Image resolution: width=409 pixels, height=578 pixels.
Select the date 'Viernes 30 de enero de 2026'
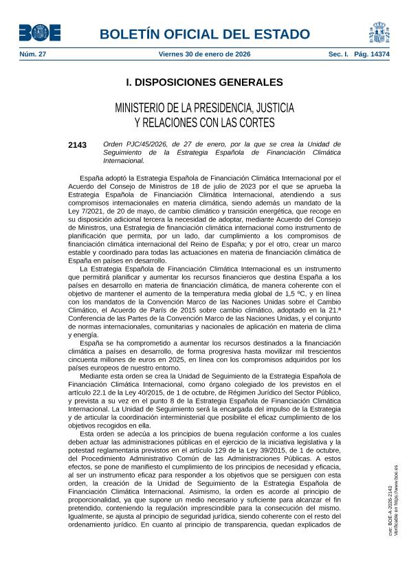[204, 54]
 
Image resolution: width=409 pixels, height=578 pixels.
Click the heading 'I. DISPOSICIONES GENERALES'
[204, 82]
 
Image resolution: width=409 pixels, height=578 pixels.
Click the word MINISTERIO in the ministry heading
[146, 109]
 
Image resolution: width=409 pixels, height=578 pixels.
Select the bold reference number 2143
[78, 145]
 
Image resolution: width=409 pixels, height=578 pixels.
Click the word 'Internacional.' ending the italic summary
[124, 161]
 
